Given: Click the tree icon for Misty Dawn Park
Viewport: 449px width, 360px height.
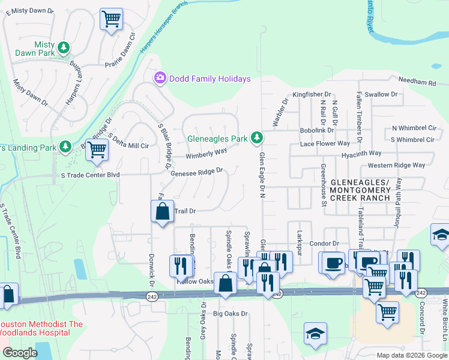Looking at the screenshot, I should (63, 47).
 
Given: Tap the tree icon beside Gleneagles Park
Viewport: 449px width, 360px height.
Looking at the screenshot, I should (257, 139).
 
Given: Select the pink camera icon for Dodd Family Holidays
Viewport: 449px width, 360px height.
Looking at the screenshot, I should (160, 78).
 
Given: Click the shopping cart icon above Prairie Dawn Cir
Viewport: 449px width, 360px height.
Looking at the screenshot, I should (110, 19).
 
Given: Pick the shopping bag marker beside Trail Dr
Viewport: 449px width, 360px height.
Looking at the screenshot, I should (162, 211).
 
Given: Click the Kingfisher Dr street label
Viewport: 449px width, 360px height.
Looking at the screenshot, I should (312, 94).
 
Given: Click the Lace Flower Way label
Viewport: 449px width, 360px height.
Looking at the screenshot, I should (325, 143).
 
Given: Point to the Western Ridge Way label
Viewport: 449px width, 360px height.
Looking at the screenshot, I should (396, 165).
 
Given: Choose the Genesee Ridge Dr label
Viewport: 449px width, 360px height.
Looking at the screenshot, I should (197, 170).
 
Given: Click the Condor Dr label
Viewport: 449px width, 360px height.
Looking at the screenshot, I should (324, 244).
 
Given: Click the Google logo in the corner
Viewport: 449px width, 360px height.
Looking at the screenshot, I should (20, 353).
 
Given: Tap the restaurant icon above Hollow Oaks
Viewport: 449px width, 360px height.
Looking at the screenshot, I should (181, 264).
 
